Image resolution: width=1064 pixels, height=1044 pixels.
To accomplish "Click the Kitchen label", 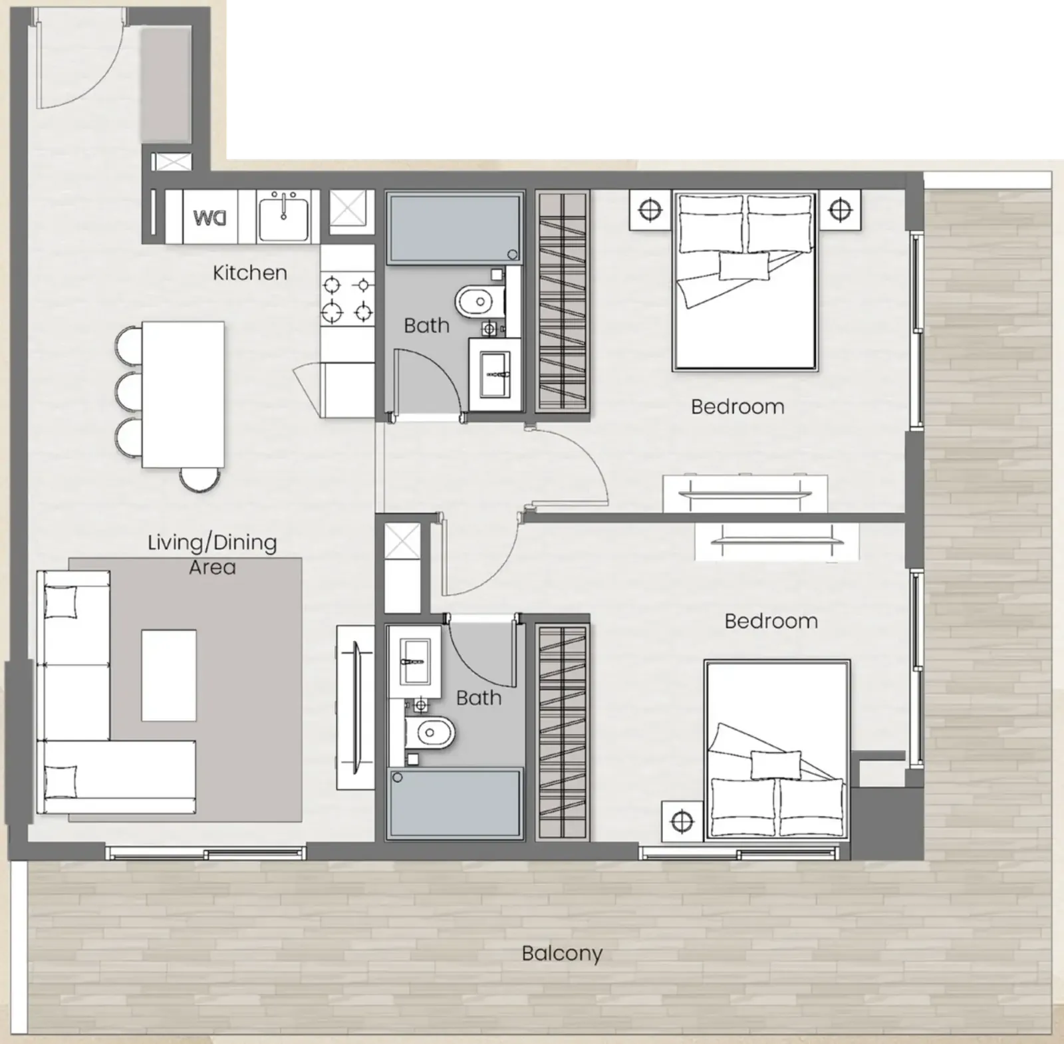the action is click(x=250, y=273).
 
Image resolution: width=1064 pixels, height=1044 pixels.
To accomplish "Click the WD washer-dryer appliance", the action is click(x=210, y=217).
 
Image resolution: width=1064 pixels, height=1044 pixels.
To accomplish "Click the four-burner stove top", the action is click(x=347, y=298).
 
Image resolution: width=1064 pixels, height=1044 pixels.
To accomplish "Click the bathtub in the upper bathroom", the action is click(x=455, y=227).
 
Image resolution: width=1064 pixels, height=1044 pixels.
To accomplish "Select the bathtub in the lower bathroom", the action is click(x=455, y=803).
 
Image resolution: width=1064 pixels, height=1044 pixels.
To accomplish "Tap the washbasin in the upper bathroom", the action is click(x=495, y=374).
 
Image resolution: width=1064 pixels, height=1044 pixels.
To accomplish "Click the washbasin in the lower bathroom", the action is click(x=414, y=661).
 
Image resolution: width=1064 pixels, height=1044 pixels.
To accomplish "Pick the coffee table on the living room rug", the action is click(x=169, y=676).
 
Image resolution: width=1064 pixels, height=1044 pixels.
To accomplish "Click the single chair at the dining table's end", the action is click(x=200, y=479).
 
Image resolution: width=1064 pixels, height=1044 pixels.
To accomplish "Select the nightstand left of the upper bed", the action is click(x=650, y=210).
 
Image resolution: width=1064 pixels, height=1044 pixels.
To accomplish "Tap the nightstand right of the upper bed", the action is click(x=841, y=210).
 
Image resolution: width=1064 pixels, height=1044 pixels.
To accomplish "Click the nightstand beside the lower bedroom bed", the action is click(x=682, y=822).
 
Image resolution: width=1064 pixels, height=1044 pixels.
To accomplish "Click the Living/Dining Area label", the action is click(x=212, y=555).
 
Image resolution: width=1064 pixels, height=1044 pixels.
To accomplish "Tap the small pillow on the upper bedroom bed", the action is click(x=744, y=266).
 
